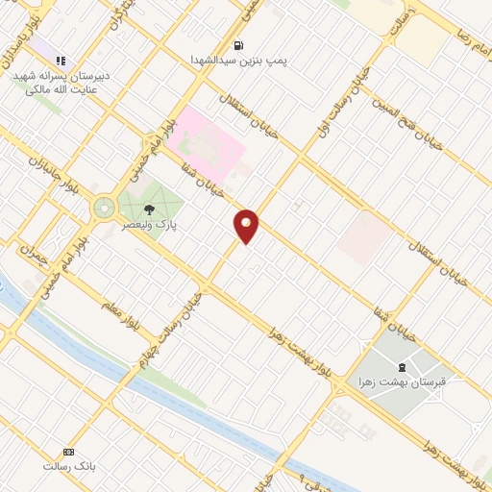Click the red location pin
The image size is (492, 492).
(247, 225)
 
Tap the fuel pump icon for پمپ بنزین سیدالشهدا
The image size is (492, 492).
(238, 44)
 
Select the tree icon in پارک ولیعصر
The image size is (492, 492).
(148, 207)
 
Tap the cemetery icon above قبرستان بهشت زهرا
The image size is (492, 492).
(402, 366)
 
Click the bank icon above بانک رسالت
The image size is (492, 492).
(68, 452)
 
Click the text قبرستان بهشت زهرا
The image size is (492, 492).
(406, 381)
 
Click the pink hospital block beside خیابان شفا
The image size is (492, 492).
(207, 144)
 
